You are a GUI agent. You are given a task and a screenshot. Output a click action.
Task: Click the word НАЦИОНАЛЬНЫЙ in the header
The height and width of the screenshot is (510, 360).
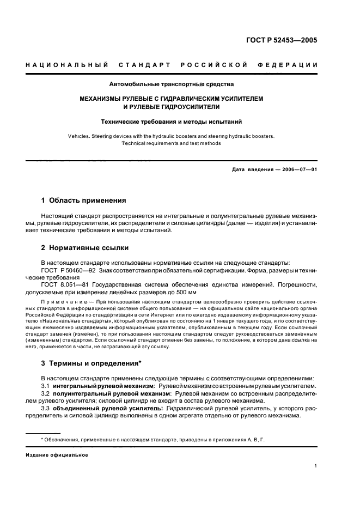(66, 65)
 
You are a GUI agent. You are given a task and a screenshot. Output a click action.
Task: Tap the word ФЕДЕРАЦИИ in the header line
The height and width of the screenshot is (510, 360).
(292, 65)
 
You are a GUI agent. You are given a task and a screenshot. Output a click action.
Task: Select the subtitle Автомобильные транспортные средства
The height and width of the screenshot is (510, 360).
(172, 84)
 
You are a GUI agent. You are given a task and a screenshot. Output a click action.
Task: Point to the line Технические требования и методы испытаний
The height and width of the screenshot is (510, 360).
(172, 123)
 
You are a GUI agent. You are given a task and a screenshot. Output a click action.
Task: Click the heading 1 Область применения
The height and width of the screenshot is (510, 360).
(84, 200)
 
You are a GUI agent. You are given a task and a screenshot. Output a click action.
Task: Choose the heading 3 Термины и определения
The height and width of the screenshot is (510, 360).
(91, 364)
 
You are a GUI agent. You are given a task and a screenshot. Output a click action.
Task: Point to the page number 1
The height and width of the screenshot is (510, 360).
(316, 466)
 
